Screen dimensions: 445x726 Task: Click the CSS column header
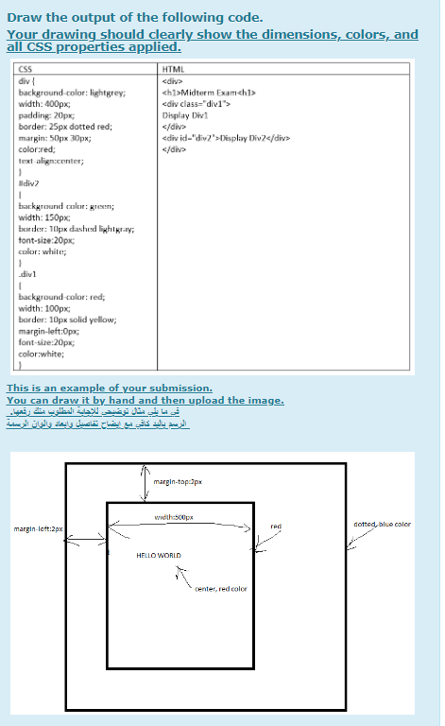26,70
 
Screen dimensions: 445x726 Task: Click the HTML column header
173,70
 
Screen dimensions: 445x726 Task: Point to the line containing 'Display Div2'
225,138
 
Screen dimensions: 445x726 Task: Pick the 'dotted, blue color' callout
382,524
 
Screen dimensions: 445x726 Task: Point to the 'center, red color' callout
220,588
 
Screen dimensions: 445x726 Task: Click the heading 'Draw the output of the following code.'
134,17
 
